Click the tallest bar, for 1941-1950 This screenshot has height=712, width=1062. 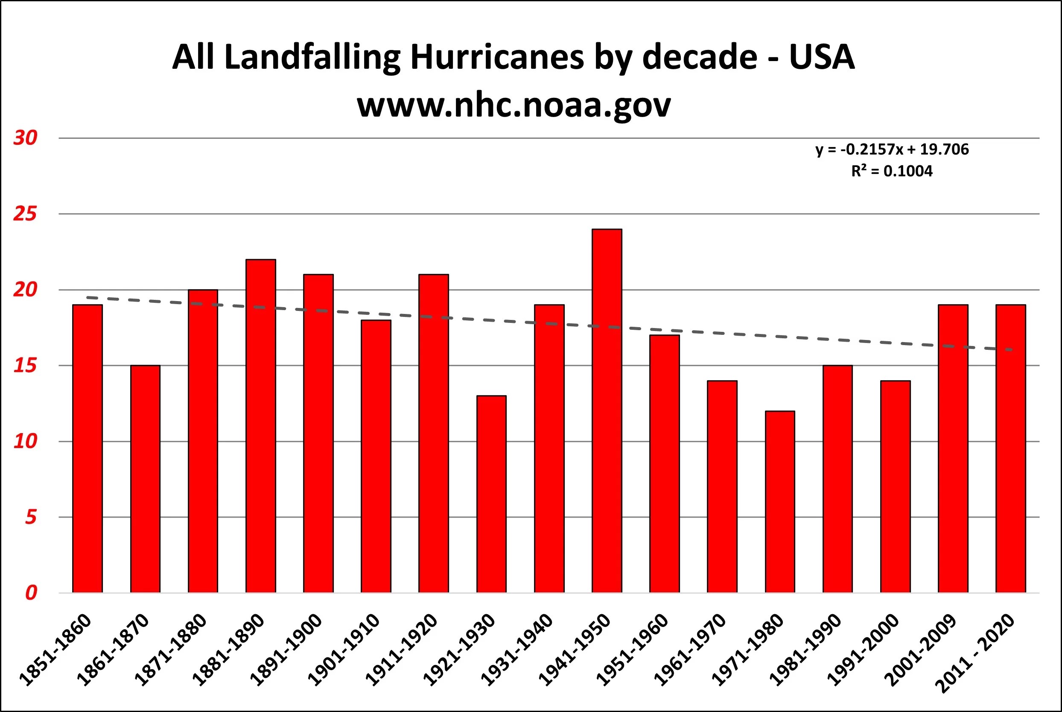tap(607, 411)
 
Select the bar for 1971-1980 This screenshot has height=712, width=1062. tap(780, 502)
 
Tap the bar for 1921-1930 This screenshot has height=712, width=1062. tap(491, 494)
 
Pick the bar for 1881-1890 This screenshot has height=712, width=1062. tap(260, 426)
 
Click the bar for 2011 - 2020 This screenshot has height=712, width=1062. tap(1011, 448)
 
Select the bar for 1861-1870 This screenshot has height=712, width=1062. tap(145, 479)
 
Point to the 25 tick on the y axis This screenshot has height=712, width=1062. tap(25, 214)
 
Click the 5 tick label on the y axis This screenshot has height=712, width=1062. tap(30, 517)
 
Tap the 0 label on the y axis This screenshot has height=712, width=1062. tap(30, 593)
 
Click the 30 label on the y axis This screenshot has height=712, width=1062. tap(25, 138)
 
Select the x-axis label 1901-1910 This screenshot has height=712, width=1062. tap(344, 650)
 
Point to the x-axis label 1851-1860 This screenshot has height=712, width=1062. tap(55, 650)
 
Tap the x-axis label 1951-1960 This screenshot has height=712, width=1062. tap(632, 650)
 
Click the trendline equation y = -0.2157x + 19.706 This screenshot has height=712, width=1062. tap(892, 149)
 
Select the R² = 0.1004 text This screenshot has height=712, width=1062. tap(892, 171)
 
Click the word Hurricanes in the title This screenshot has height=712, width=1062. tap(497, 58)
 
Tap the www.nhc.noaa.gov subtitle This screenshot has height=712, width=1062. tap(514, 105)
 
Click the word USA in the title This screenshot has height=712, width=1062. tap(822, 58)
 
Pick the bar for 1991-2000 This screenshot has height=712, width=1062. tap(895, 487)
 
